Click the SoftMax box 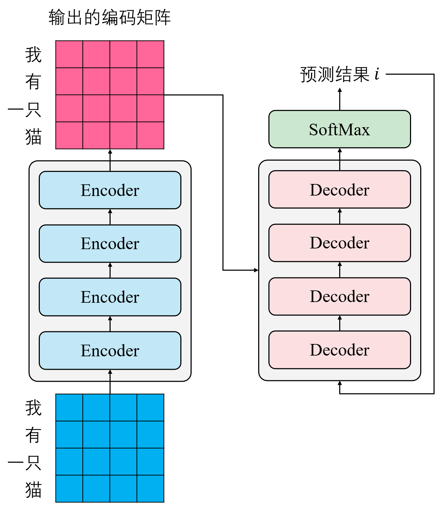tap(340, 129)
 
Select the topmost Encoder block tap(110, 190)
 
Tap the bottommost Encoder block tap(110, 350)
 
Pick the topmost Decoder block tap(340, 190)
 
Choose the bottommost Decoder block tap(340, 350)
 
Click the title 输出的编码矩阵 tap(110, 17)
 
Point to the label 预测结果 tap(335, 74)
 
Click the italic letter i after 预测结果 tap(377, 74)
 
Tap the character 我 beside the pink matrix tap(33, 55)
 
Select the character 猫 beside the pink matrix tap(33, 136)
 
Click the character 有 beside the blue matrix tap(33, 435)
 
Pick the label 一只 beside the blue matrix tap(25, 462)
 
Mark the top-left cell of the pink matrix tap(69, 54)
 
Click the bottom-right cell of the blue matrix tap(150, 489)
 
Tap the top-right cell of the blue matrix tap(150, 407)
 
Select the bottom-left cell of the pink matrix tap(69, 135)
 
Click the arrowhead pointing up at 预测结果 tap(340, 90)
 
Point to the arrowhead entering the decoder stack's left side tap(256, 270)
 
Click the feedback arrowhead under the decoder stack tap(340, 383)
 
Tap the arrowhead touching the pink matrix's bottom tap(110, 152)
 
